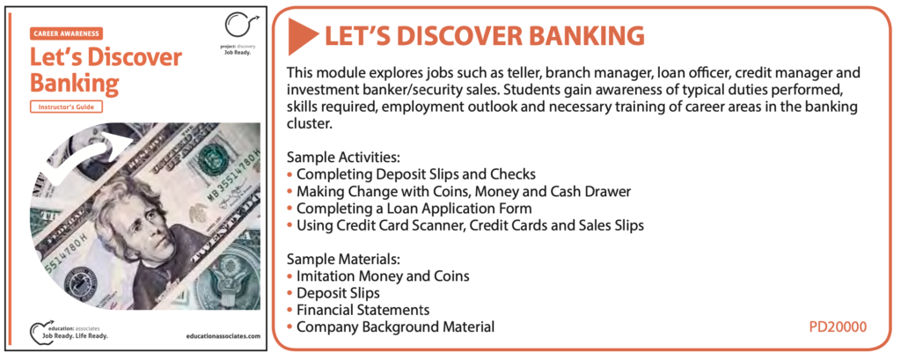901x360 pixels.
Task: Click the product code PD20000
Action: pos(838,327)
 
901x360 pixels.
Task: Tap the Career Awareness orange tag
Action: pos(66,33)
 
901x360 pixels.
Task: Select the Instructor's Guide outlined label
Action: pos(66,107)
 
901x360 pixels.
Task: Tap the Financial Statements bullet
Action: pos(358,310)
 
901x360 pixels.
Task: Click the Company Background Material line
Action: pos(391,327)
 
